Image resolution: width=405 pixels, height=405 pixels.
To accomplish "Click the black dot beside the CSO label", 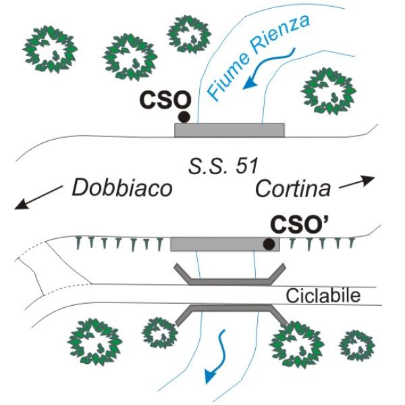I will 184,117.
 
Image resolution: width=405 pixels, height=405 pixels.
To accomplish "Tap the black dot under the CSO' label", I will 268,244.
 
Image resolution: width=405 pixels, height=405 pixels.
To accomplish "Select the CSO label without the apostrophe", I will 165,101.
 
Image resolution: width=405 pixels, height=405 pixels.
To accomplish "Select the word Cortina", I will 294,188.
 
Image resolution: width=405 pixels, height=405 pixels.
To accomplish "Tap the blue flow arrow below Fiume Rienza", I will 269,71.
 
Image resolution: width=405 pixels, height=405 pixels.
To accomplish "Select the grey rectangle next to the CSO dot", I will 230,130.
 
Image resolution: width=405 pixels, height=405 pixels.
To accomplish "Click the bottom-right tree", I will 356,345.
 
